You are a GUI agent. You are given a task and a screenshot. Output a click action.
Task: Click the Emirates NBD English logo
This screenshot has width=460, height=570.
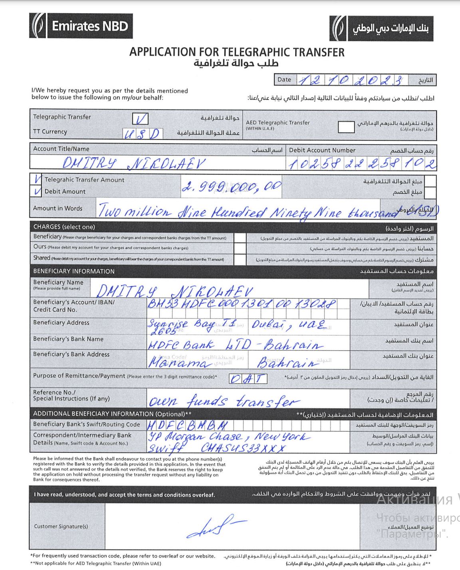pos(81,26)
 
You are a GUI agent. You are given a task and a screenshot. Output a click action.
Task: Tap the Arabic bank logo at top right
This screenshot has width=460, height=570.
pos(381,28)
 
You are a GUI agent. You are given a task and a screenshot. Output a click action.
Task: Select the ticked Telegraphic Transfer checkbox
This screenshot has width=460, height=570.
pos(140,118)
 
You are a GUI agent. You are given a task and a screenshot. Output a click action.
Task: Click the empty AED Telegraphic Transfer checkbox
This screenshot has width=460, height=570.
pos(346,127)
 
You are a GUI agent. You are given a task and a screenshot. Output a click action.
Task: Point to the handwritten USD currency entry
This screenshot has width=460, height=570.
pos(142,134)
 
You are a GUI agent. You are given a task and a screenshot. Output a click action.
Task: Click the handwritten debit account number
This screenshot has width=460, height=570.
pos(362,163)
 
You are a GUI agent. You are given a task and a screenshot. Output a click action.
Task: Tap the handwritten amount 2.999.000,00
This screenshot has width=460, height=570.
pos(232,187)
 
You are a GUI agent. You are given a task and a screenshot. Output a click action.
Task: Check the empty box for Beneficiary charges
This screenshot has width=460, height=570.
pos(240,238)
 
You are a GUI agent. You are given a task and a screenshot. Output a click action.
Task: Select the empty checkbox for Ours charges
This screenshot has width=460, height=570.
pos(240,248)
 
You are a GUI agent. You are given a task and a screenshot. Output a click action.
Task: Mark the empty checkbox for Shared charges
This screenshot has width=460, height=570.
pos(240,259)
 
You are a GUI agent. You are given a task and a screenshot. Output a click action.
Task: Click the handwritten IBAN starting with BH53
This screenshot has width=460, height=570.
pos(242,304)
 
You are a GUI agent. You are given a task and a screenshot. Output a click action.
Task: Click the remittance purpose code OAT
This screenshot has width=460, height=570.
pos(248,378)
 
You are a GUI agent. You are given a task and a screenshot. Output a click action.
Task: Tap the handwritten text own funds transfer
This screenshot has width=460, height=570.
pos(224,401)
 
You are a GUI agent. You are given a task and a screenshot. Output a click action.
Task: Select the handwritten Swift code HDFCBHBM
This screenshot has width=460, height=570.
pos(188,425)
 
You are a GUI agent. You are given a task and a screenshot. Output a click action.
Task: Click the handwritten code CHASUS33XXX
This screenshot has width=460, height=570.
pos(244,448)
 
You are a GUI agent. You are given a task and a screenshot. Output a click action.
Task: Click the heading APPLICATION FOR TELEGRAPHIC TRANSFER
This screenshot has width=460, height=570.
pos(237,52)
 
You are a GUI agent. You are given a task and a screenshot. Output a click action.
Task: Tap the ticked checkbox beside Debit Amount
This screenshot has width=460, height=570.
pos(38,191)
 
